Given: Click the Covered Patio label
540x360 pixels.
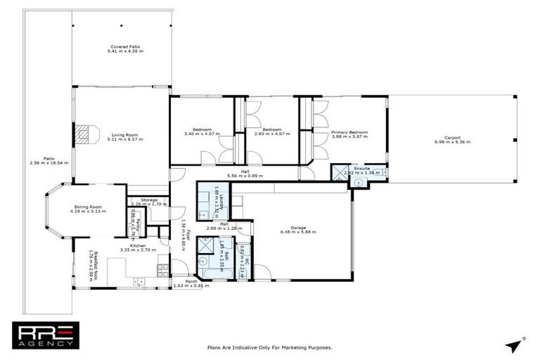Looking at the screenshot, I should [124, 46].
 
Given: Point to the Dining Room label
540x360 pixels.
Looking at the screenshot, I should [87, 206].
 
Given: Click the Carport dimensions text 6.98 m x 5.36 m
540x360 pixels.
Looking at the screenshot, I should [452, 142].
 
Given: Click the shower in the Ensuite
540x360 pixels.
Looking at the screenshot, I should [342, 170].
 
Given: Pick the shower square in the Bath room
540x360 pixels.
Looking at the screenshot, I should [209, 247].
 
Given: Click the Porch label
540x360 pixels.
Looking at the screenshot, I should [181, 281].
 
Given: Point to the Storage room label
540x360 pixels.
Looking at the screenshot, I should [148, 200].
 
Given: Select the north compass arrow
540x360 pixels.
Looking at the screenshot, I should [512, 343].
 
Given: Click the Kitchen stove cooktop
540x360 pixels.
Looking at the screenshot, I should [163, 267].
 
